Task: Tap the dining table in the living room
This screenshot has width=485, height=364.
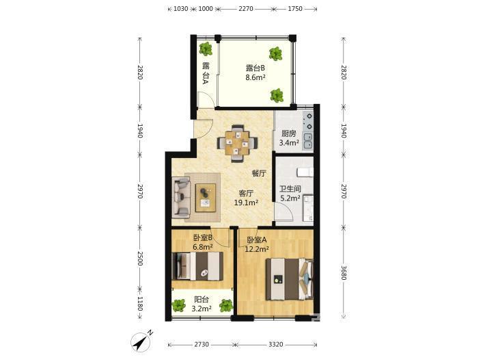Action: [x=237, y=143]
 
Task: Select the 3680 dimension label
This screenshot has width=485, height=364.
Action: [x=344, y=272]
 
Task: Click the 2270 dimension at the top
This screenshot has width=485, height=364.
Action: [x=246, y=9]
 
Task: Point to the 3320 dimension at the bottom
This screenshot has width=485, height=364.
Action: [x=275, y=344]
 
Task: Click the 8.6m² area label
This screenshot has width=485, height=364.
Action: [x=255, y=77]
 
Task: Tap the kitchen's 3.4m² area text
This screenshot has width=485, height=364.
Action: [x=289, y=143]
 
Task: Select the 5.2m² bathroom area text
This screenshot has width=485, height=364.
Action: [x=290, y=198]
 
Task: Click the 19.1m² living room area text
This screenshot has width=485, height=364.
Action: [x=246, y=203]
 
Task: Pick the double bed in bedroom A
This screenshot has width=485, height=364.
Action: [x=290, y=279]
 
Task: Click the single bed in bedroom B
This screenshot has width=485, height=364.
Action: [x=197, y=266]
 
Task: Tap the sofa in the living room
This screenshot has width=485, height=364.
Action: [x=181, y=197]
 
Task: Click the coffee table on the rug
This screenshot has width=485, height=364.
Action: [x=206, y=198]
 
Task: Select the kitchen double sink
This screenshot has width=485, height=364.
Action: [x=308, y=141]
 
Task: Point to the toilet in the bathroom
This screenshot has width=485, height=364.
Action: [x=305, y=172]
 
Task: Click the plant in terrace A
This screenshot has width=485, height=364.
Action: [x=206, y=49]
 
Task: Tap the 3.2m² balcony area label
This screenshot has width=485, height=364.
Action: [x=202, y=309]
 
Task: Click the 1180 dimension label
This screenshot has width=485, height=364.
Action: [x=140, y=304]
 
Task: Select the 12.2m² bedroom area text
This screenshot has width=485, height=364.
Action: [x=257, y=249]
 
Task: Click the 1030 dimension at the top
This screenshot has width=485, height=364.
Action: [x=180, y=9]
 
